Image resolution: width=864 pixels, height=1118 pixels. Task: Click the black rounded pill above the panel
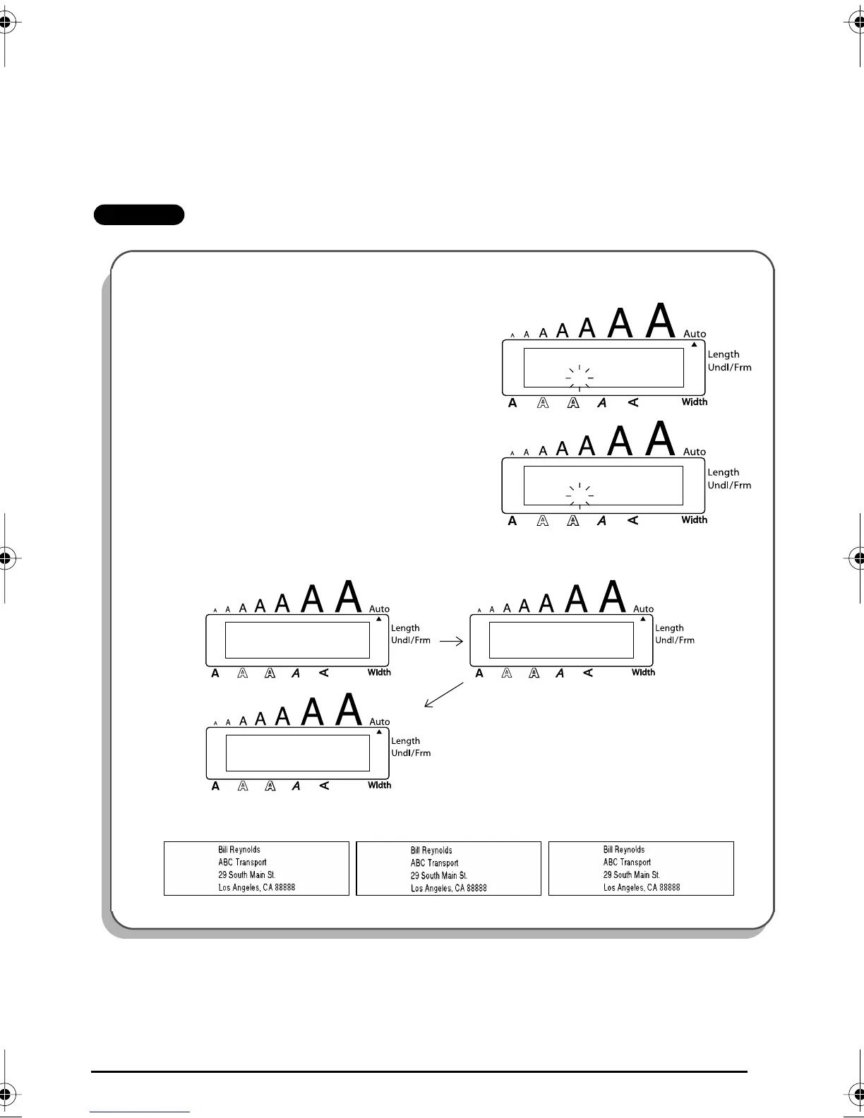tap(139, 215)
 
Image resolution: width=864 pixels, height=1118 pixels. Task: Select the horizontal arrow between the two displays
tap(450, 642)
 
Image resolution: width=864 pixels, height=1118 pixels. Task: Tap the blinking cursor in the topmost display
tap(580, 378)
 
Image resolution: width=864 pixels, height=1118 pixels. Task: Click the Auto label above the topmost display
tap(695, 334)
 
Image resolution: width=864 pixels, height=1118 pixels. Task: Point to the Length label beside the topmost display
tap(724, 354)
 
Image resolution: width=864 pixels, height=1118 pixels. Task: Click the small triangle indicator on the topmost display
tap(694, 344)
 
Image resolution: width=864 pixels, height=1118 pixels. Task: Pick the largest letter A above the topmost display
tap(661, 321)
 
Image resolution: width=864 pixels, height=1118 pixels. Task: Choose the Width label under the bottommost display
tap(379, 785)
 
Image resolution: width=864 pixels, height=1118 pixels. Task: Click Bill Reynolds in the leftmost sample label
tap(239, 850)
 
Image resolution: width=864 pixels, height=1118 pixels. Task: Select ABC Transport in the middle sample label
tap(434, 862)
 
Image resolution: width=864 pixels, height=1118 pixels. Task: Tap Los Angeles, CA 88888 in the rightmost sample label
tap(642, 887)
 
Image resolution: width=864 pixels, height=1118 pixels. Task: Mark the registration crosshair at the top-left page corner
tap(6, 22)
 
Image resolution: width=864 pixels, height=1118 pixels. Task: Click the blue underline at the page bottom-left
tap(140, 1112)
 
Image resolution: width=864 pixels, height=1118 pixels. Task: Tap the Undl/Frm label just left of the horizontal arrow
tap(411, 640)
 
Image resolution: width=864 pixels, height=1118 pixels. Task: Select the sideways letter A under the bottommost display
tap(324, 786)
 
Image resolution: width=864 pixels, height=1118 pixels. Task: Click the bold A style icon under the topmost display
tap(512, 403)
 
